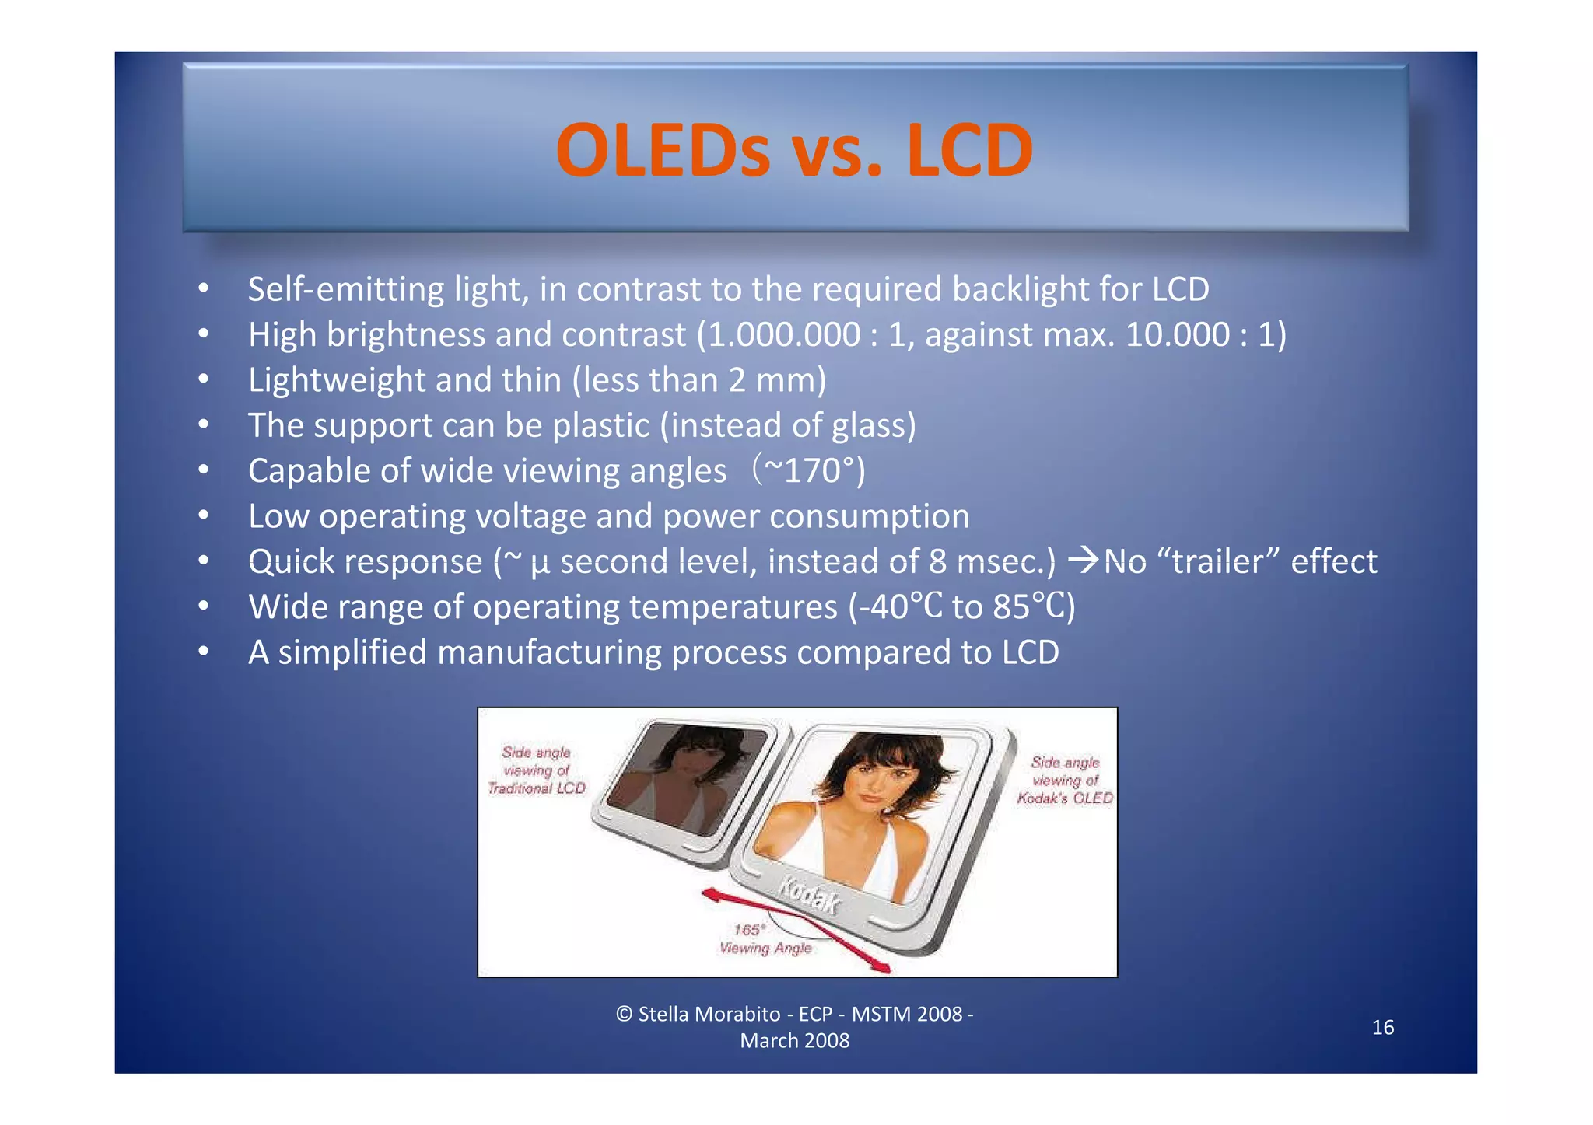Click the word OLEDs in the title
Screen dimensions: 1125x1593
coord(663,150)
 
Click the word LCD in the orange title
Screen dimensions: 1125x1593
coord(969,150)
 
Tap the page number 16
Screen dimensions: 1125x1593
coord(1382,1027)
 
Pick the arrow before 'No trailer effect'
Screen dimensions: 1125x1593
coord(1084,561)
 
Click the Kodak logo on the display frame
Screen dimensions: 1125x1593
coord(810,896)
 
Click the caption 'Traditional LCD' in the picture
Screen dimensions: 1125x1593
coord(537,788)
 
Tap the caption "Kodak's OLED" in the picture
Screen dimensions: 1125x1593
coord(1065,798)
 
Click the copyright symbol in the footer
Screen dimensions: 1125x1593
coord(624,1014)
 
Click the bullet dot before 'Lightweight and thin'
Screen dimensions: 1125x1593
coord(203,379)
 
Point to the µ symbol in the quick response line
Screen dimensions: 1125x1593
coord(540,563)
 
